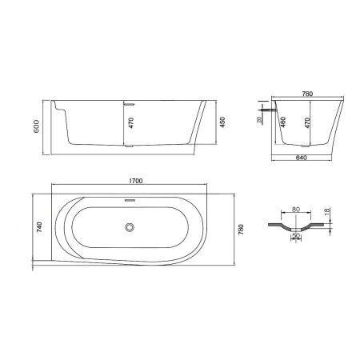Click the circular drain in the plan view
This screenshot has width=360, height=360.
(128, 228)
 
